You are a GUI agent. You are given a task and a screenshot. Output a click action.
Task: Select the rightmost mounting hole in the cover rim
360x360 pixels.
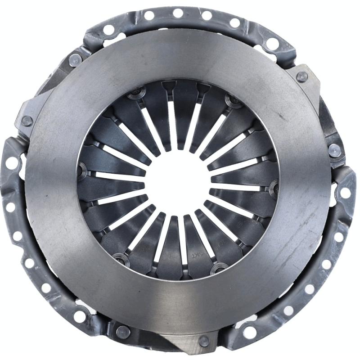(x=345, y=193)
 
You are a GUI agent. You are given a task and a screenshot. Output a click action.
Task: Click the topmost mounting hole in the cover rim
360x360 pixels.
(x=178, y=13)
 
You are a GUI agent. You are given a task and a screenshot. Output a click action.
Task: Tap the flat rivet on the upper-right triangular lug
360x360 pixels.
(x=302, y=76)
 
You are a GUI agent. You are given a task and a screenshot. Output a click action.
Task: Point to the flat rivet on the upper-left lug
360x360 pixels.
(x=27, y=121)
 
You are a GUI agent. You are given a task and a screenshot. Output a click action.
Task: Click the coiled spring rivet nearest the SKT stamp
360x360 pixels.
(x=219, y=270)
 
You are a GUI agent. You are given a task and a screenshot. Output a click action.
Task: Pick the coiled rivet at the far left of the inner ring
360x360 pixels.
(x=82, y=170)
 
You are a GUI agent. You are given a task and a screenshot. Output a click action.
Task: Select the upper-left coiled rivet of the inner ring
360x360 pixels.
(x=134, y=95)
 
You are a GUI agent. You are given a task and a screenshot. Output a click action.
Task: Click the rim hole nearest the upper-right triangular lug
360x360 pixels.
(x=272, y=44)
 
